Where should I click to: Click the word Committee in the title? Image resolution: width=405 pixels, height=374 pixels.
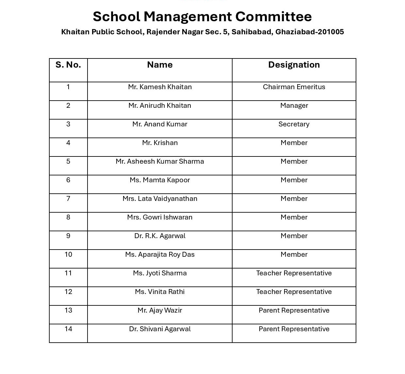(x=273, y=17)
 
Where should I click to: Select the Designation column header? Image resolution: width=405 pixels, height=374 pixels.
(x=294, y=65)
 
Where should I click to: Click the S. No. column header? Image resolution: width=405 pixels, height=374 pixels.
(x=68, y=65)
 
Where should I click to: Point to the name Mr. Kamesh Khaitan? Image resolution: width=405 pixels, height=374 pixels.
(x=160, y=87)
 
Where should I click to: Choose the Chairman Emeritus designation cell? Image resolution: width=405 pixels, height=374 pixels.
(x=294, y=87)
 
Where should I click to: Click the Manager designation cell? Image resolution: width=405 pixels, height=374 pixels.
(x=294, y=106)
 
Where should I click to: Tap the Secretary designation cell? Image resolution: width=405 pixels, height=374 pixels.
(x=294, y=124)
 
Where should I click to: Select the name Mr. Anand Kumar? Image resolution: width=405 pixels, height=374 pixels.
(x=160, y=124)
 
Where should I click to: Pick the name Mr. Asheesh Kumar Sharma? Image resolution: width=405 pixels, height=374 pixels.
(x=160, y=161)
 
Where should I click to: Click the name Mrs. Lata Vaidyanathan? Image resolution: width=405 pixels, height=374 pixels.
(x=160, y=199)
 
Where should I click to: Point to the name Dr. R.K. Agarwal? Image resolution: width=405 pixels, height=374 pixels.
(x=160, y=236)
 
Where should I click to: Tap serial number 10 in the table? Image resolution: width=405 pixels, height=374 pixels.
(x=68, y=254)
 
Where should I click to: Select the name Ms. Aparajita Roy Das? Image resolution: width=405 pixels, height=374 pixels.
(x=160, y=254)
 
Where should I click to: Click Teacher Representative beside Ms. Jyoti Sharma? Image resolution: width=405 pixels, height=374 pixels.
(x=294, y=273)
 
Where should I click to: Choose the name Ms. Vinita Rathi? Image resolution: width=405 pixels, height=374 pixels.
(x=160, y=292)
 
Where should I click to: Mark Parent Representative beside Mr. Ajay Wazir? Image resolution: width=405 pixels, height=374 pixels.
(x=294, y=310)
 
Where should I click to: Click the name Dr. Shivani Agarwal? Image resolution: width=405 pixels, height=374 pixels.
(x=160, y=329)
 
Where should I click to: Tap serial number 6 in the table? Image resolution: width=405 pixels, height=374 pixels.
(x=68, y=180)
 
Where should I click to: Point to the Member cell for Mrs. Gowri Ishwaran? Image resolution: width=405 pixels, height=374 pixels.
(x=294, y=217)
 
